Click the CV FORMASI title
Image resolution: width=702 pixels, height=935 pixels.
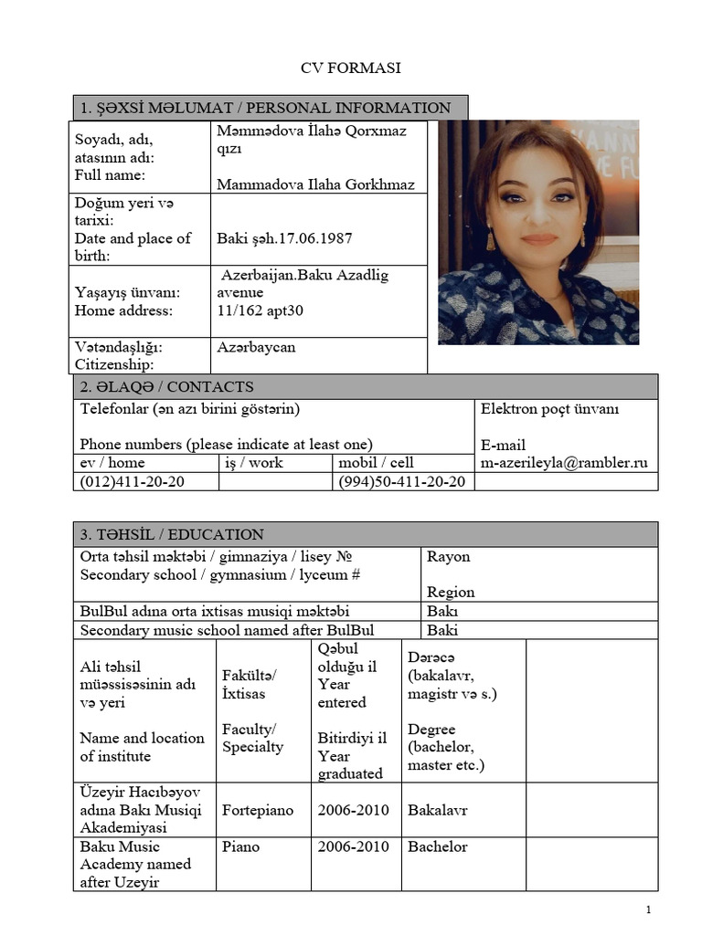tap(351, 68)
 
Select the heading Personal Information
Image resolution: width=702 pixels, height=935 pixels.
tap(270, 108)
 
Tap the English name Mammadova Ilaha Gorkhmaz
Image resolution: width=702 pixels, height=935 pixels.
tap(315, 184)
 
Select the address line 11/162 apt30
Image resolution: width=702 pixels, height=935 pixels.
tap(261, 310)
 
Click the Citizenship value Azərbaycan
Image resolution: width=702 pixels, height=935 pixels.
tap(256, 348)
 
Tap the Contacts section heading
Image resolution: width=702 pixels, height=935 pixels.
tap(167, 387)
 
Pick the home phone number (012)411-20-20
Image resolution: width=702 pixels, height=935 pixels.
tap(133, 481)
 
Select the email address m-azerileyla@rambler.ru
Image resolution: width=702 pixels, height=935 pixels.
tap(564, 463)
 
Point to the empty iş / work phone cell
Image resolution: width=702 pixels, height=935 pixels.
tap(275, 481)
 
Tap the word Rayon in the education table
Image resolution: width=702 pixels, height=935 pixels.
tap(449, 557)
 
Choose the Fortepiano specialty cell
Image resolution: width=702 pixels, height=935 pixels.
tap(257, 810)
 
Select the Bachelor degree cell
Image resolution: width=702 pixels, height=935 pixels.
tap(438, 846)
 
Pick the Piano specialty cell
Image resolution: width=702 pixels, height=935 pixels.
tap(240, 846)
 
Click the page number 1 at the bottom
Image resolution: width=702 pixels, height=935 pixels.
tap(647, 910)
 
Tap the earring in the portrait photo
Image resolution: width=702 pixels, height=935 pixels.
tap(492, 240)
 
